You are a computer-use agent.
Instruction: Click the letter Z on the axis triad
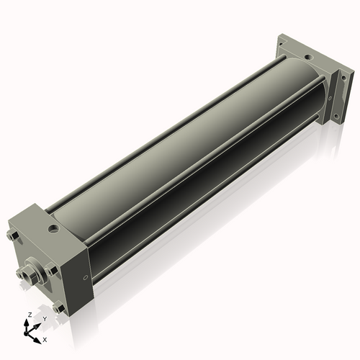click(30, 315)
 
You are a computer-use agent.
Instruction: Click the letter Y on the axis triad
click(45, 319)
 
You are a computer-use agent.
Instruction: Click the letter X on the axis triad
click(45, 340)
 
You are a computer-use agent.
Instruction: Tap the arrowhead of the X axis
click(37, 341)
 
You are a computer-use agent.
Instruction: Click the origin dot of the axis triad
click(26, 333)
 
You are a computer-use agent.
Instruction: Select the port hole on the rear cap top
click(308, 58)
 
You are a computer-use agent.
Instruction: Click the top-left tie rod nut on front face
click(12, 235)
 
